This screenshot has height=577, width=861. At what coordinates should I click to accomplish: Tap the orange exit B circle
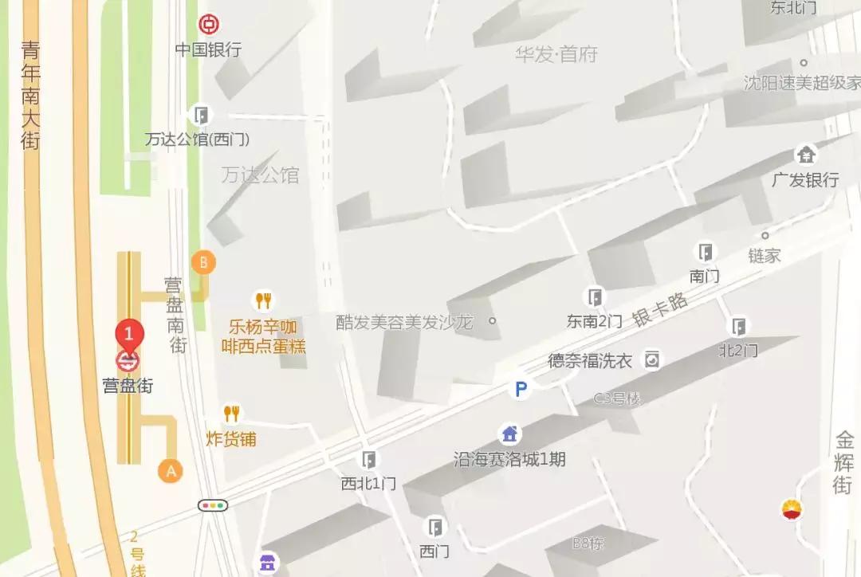203,261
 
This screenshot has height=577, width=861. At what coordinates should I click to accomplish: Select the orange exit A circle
170,470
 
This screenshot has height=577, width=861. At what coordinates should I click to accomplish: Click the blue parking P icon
521,389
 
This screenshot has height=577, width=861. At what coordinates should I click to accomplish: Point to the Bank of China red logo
209,24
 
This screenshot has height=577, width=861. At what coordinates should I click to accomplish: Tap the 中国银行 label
208,49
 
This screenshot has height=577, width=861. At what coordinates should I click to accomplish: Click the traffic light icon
213,504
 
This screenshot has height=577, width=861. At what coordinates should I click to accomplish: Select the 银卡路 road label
660,308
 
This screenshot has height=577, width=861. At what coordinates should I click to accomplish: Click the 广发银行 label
805,180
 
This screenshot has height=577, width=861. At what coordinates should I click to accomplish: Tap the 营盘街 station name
128,386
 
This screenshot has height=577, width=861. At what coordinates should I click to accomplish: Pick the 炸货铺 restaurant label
231,439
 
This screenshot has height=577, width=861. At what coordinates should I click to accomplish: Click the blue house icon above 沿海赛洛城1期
509,434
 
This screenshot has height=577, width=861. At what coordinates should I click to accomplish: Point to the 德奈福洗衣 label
590,360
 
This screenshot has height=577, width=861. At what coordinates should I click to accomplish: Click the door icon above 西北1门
368,460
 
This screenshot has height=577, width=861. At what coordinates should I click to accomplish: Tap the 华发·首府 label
556,54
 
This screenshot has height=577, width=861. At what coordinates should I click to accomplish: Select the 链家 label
765,256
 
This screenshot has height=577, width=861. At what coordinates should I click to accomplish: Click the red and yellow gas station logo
792,509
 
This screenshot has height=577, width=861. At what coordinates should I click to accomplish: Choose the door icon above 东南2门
594,298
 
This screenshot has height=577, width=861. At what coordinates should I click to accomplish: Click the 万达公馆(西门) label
197,139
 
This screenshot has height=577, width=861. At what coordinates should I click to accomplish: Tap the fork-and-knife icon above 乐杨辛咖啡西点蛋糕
263,300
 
